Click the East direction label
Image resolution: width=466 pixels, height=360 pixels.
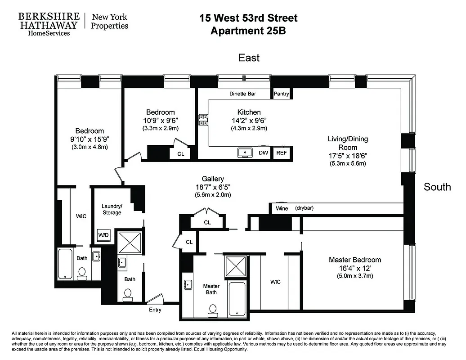pos(249,58)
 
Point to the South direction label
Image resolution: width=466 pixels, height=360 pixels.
pos(437,187)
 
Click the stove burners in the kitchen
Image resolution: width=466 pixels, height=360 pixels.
pos(203,119)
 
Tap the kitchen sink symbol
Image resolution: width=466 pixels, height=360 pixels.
pos(245,153)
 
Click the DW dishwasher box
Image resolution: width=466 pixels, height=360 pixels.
pos(264,153)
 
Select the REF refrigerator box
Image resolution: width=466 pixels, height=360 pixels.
pos(281,153)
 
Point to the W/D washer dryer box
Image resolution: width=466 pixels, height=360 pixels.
pos(103,235)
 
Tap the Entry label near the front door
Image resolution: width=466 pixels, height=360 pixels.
pos(155,310)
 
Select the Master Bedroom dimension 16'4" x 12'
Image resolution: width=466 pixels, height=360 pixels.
pos(354,268)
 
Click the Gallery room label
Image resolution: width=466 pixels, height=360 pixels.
pos(213,179)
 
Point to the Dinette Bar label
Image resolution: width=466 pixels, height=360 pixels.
pos(242,94)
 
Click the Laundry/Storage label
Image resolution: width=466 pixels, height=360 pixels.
pos(112,209)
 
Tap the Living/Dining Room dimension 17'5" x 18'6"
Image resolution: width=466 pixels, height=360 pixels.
pos(348,156)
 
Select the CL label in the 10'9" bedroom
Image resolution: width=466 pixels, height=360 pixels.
pos(180,153)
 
